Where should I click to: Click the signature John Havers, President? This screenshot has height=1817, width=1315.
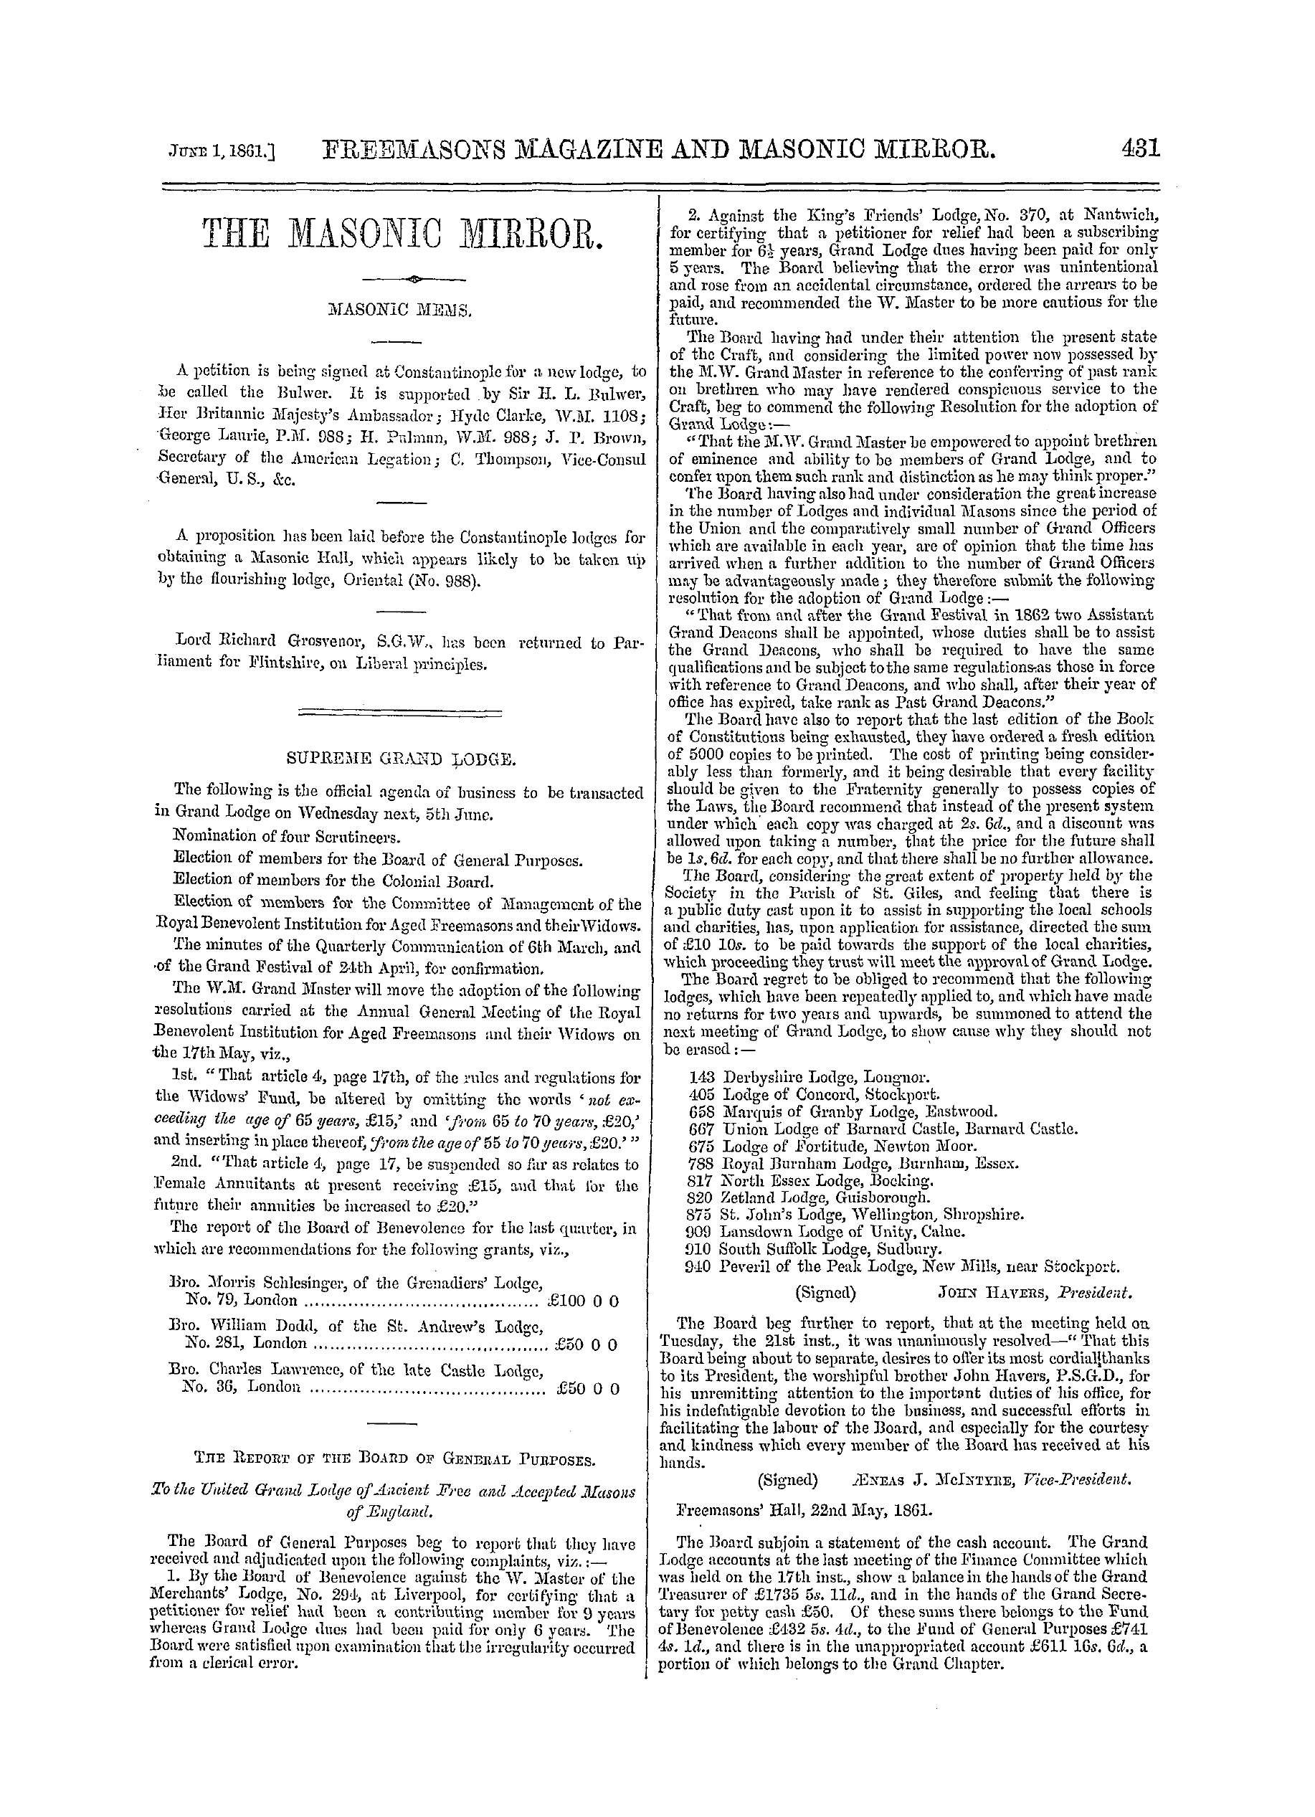coord(1034,1293)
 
